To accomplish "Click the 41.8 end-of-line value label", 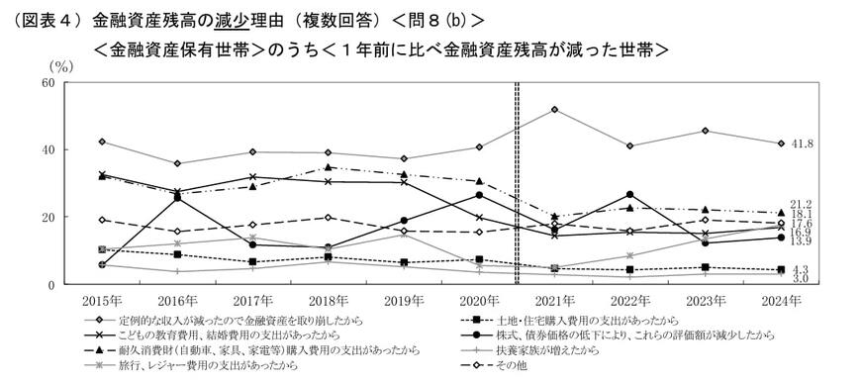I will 803,144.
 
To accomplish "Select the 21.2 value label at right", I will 803,204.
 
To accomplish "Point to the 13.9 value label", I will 803,240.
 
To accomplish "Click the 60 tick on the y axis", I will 47,83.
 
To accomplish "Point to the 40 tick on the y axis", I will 47,150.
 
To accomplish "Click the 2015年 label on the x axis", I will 102,298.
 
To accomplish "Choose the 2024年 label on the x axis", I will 781,298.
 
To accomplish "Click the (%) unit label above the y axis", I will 61,66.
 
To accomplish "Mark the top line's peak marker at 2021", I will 554,110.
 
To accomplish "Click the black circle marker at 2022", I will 629,195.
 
